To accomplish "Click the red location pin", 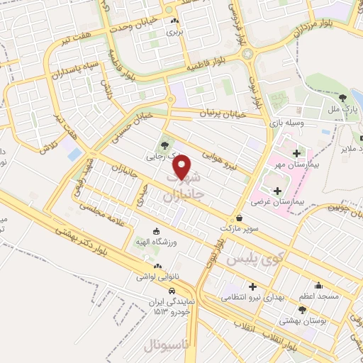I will (x=182, y=166).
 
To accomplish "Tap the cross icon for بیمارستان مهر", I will (x=296, y=153).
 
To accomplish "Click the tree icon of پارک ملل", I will (x=343, y=98).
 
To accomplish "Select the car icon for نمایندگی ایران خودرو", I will (x=172, y=291).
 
